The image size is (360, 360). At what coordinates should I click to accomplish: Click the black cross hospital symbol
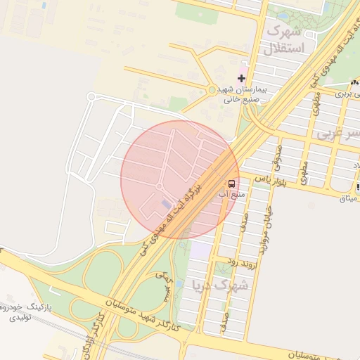click(242, 77)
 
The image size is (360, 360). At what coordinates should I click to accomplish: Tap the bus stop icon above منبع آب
click(233, 180)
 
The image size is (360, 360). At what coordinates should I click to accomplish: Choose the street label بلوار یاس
click(272, 179)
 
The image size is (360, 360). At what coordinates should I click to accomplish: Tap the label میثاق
click(349, 198)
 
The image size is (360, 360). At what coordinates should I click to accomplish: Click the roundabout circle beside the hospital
click(212, 90)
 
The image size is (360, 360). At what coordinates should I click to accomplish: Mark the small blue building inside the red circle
click(165, 204)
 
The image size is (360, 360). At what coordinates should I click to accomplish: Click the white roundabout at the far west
click(91, 97)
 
